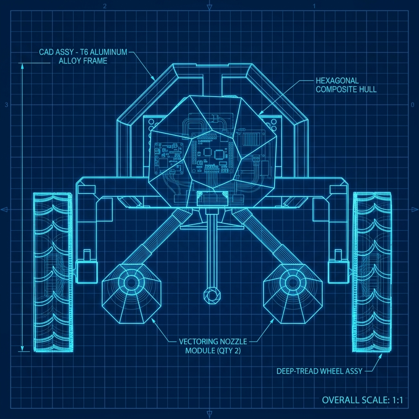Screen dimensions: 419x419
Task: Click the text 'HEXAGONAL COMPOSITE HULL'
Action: (x=346, y=85)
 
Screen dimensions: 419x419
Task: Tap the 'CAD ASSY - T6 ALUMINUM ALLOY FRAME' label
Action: (x=83, y=56)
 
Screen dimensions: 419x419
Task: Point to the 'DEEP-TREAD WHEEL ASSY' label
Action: (x=319, y=371)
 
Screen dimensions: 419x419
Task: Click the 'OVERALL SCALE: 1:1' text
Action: (x=363, y=400)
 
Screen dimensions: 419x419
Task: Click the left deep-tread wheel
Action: (x=53, y=272)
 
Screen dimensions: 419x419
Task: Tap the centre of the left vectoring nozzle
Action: (x=131, y=282)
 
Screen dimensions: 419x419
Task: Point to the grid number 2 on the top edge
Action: (x=106, y=6)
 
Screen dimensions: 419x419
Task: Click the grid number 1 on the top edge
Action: (x=314, y=6)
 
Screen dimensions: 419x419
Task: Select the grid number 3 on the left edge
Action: (x=6, y=105)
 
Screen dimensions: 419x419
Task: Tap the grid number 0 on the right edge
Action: (x=412, y=105)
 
